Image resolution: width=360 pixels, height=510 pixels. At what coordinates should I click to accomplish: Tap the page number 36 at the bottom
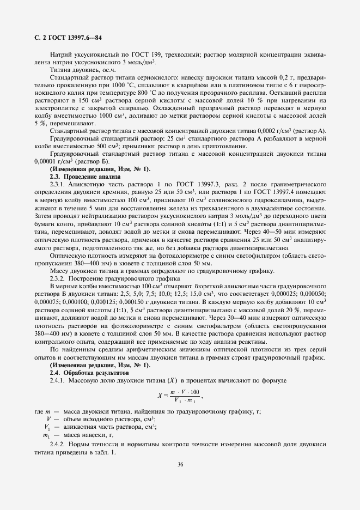[180, 464]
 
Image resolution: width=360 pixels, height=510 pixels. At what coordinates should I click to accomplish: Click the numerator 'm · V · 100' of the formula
[185, 392]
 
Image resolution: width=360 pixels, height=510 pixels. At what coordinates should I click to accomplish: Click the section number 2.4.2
[59, 445]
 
